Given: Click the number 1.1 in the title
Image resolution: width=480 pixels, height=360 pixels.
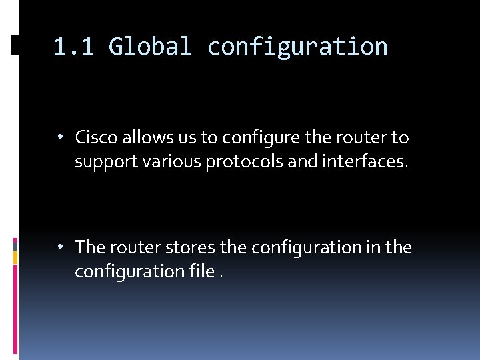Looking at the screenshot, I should point(73,47).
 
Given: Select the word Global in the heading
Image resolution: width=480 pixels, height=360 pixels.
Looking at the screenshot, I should point(150,47).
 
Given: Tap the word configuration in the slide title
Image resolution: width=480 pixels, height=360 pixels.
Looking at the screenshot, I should point(297,47).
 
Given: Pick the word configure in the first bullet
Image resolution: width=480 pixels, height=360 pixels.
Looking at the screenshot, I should point(253,138).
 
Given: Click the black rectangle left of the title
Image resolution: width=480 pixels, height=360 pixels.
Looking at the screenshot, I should point(15,45).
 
